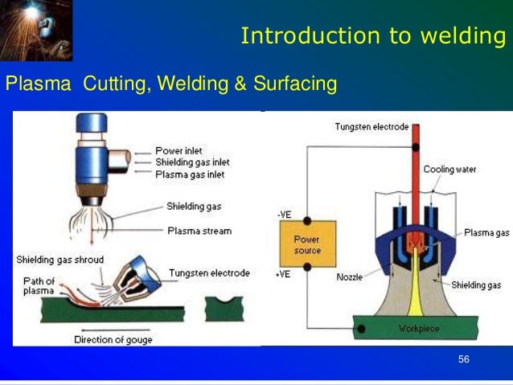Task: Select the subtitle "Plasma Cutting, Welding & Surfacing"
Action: click(171, 84)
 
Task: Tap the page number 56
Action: click(463, 358)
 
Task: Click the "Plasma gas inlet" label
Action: click(191, 174)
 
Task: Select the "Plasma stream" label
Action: click(199, 231)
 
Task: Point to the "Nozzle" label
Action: click(348, 277)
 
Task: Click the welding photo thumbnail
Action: click(36, 31)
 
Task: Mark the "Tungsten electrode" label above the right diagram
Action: click(371, 127)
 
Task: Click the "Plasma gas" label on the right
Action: click(486, 233)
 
